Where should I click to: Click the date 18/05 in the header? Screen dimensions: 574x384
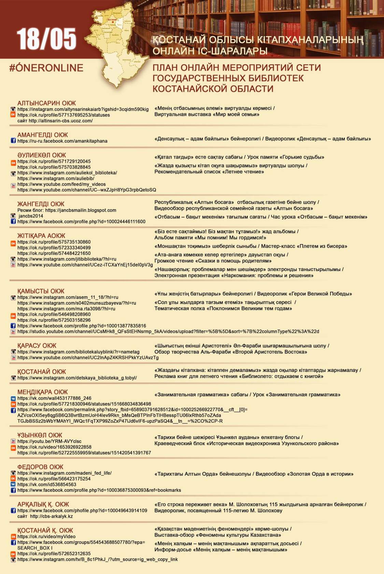tap(46, 39)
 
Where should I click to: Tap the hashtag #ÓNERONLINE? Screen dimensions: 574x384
tap(46, 68)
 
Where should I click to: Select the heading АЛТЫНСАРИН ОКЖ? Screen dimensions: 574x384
tap(47, 103)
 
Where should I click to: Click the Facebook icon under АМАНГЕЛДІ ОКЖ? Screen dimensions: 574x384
tap(13, 141)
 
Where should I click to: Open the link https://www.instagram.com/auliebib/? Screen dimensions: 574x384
tap(56, 178)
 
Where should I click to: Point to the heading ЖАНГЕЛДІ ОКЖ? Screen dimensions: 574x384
tap(41, 204)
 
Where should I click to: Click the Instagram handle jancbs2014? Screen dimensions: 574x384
tap(31, 216)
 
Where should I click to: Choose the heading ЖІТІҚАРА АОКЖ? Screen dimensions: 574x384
tap(41, 235)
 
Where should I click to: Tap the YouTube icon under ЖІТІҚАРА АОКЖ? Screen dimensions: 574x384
tap(13, 265)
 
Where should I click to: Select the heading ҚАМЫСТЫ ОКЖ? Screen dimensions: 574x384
tap(41, 291)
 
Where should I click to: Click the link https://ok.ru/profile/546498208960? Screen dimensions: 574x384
tap(54, 314)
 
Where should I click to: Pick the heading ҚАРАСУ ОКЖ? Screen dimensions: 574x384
tap(37, 345)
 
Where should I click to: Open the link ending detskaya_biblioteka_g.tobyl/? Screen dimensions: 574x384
tap(77, 378)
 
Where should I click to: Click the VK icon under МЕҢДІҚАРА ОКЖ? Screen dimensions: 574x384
tap(13, 398)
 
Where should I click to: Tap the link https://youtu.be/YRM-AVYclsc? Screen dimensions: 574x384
tap(49, 441)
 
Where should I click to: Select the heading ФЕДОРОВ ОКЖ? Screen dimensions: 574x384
tap(40, 467)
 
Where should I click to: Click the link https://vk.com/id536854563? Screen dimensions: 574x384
tap(47, 484)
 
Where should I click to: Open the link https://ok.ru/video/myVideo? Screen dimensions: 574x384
tap(46, 536)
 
